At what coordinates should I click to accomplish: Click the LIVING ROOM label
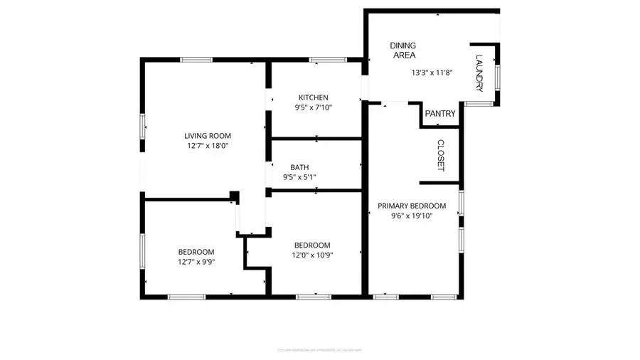(x=208, y=136)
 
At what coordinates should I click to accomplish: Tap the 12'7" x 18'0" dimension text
(x=208, y=146)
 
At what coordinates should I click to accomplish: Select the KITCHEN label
(x=314, y=97)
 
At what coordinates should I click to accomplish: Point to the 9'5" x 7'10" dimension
(x=314, y=107)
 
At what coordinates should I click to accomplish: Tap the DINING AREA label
(x=402, y=50)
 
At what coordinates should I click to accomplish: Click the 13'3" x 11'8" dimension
(x=432, y=73)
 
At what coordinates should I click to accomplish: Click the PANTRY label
(x=440, y=114)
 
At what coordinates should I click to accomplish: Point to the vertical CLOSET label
(x=440, y=155)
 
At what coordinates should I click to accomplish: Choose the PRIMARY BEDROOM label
(x=412, y=206)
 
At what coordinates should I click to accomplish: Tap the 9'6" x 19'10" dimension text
(x=412, y=216)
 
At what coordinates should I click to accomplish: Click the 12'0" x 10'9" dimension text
(x=312, y=255)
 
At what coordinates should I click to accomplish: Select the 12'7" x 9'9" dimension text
(x=196, y=261)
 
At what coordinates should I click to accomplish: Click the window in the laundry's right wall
(x=497, y=76)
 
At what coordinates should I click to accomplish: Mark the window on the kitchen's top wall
(x=323, y=60)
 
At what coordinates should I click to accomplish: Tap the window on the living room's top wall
(x=197, y=60)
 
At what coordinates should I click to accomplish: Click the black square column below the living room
(x=234, y=196)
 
